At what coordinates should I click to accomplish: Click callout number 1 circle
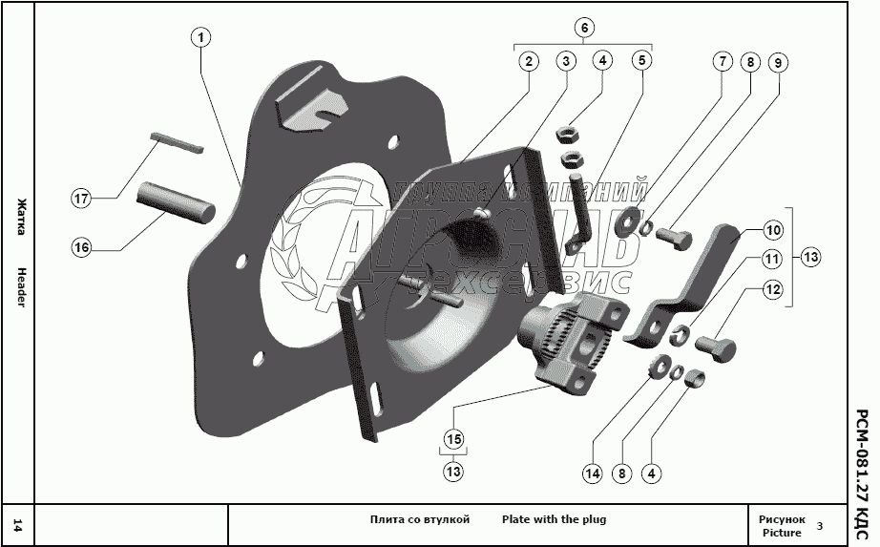[199, 38]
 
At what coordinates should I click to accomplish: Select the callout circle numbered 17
[82, 199]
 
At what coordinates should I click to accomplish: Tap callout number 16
[82, 247]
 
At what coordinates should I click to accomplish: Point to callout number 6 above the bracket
[584, 28]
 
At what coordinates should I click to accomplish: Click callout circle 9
[778, 63]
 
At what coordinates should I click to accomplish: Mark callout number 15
[453, 439]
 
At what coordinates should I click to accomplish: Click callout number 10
[772, 230]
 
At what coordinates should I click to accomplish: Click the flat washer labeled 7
[628, 218]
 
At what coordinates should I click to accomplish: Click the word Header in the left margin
[20, 284]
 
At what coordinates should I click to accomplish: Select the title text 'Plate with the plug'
[554, 519]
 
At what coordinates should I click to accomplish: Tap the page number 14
[18, 524]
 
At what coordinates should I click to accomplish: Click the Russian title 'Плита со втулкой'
[419, 519]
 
